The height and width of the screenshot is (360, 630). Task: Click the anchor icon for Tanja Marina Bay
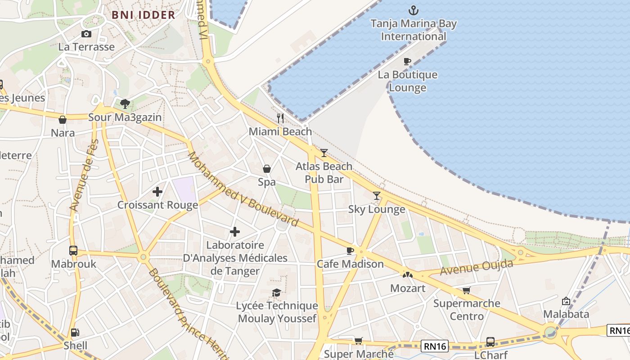[x=413, y=10]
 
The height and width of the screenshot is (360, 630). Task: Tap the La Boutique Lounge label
[x=407, y=81]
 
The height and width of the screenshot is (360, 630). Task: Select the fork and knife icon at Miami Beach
[x=280, y=118]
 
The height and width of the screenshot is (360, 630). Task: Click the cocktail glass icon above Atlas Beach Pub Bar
[x=324, y=153]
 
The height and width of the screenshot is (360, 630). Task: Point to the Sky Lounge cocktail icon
[x=377, y=196]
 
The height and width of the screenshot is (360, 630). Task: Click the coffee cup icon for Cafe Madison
[x=350, y=251]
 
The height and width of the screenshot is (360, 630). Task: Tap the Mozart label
[x=408, y=288]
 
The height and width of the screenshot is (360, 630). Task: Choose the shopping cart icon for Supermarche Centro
[x=466, y=291]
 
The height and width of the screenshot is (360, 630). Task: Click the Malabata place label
[x=566, y=314]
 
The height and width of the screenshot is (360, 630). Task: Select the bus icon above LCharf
[x=490, y=342]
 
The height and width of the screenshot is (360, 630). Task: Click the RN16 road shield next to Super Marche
[x=435, y=346]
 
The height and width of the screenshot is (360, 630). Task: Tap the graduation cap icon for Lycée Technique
[x=276, y=293]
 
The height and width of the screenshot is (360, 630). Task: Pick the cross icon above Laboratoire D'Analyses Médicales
[x=235, y=232]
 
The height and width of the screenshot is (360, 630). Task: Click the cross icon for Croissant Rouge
[x=157, y=192]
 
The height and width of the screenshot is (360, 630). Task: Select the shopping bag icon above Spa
[x=267, y=169]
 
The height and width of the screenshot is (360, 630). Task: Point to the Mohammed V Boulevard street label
[x=243, y=189]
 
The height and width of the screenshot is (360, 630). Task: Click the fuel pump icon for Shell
[x=75, y=333]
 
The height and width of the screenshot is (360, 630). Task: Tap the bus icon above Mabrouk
[x=73, y=251]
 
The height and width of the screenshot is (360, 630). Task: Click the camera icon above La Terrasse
[x=86, y=34]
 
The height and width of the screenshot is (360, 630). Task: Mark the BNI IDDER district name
[x=143, y=15]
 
